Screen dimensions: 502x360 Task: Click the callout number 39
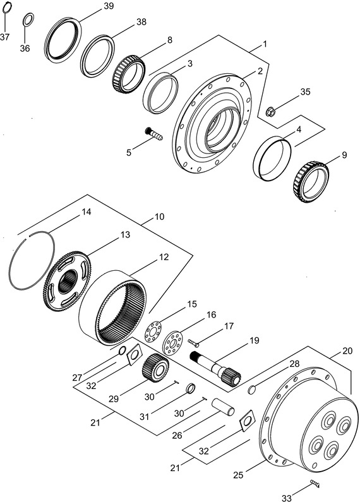pyautogui.click(x=108, y=6)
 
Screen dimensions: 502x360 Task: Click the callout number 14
pyautogui.click(x=87, y=212)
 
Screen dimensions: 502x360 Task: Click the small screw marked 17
pyautogui.click(x=193, y=342)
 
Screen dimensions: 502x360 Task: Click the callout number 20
pyautogui.click(x=347, y=350)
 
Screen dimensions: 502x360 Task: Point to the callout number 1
pyautogui.click(x=265, y=45)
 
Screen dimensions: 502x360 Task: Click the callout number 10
pyautogui.click(x=159, y=217)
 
